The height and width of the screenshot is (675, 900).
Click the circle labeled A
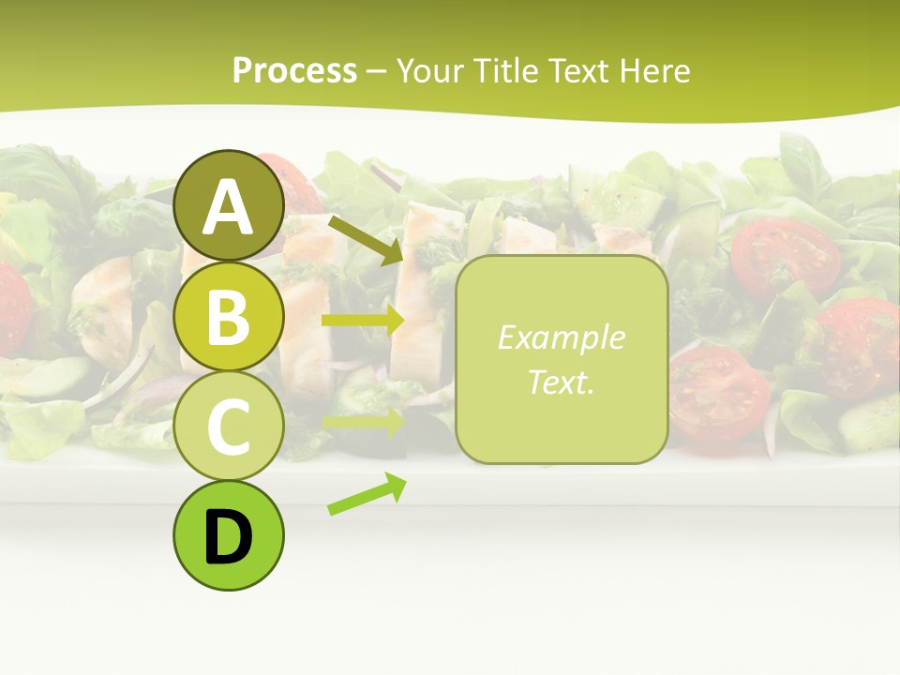click(x=229, y=205)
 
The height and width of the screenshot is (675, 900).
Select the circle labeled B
click(x=229, y=316)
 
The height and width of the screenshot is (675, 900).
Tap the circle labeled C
click(x=229, y=426)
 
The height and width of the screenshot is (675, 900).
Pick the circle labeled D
click(x=229, y=536)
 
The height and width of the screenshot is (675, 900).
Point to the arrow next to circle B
click(x=362, y=321)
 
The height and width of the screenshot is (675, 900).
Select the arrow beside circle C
click(x=362, y=422)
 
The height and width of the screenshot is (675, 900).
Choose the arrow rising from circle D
click(x=367, y=494)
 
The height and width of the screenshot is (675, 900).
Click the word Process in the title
click(x=294, y=70)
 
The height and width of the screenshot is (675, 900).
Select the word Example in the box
click(x=561, y=337)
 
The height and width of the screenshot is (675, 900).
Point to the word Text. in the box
click(x=561, y=382)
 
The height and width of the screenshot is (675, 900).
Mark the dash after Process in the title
click(x=376, y=71)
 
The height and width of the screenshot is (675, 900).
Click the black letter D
click(x=229, y=537)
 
